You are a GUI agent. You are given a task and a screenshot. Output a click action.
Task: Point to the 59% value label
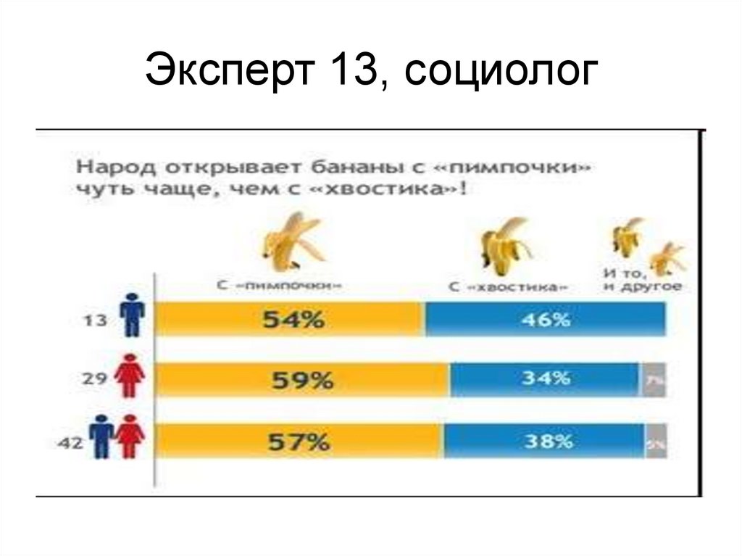click(304, 380)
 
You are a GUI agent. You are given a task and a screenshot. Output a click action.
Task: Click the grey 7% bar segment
click(653, 380)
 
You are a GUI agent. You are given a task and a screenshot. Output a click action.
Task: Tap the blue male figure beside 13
click(132, 315)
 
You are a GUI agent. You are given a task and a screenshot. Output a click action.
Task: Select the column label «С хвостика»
click(508, 287)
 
